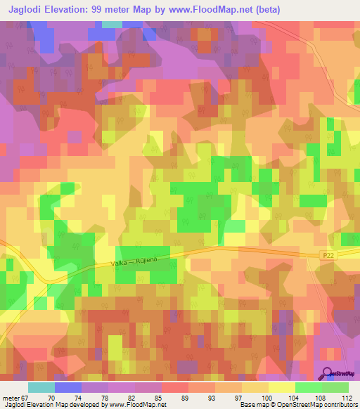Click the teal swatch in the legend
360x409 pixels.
point(41,387)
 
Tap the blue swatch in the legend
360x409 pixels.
point(68,387)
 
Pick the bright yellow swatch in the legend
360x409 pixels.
point(282,387)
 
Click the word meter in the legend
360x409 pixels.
point(11,397)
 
